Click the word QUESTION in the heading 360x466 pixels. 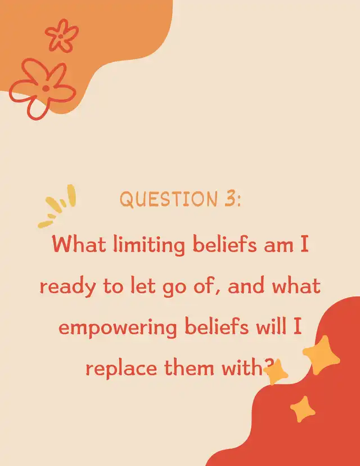tap(169, 199)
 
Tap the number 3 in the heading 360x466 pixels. tap(229, 199)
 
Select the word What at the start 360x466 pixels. tap(79, 244)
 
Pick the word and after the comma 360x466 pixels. tap(246, 285)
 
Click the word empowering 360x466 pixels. tap(118, 329)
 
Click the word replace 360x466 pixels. tap(121, 369)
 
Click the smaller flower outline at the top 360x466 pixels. tap(62, 36)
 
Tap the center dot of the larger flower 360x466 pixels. tap(46, 88)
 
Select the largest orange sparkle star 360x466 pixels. tap(321, 355)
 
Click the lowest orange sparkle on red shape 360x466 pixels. tap(303, 409)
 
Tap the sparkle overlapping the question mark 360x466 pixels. tap(276, 372)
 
